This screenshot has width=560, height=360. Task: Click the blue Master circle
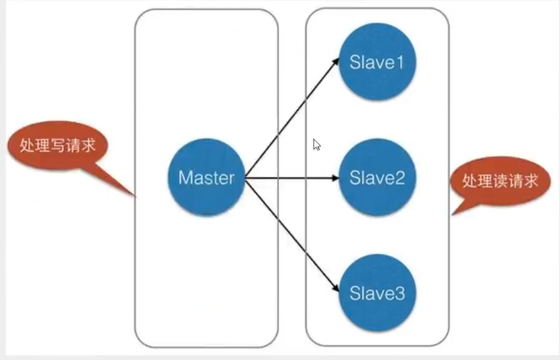pyautogui.click(x=206, y=177)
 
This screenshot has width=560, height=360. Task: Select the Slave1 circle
pyautogui.click(x=377, y=61)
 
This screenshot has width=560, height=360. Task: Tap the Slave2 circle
pyautogui.click(x=377, y=177)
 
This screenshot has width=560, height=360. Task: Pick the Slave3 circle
pyautogui.click(x=377, y=293)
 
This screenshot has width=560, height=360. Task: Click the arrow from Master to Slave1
pyautogui.click(x=291, y=118)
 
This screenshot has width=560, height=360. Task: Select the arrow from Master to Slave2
pyautogui.click(x=291, y=177)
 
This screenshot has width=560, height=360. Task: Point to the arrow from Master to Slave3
pyautogui.click(x=291, y=235)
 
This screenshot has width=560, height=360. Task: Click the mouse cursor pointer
pyautogui.click(x=317, y=145)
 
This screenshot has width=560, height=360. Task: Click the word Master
pyautogui.click(x=206, y=177)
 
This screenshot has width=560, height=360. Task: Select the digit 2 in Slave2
pyautogui.click(x=399, y=177)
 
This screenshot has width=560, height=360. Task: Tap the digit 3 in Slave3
pyautogui.click(x=399, y=293)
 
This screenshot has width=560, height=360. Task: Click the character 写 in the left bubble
pyautogui.click(x=57, y=146)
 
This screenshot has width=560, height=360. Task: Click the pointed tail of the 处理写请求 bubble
pyautogui.click(x=135, y=196)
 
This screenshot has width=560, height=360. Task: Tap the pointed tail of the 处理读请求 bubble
pyautogui.click(x=452, y=214)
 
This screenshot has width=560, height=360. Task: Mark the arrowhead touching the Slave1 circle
pyautogui.click(x=336, y=61)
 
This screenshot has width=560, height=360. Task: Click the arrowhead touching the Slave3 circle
pyautogui.click(x=336, y=288)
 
